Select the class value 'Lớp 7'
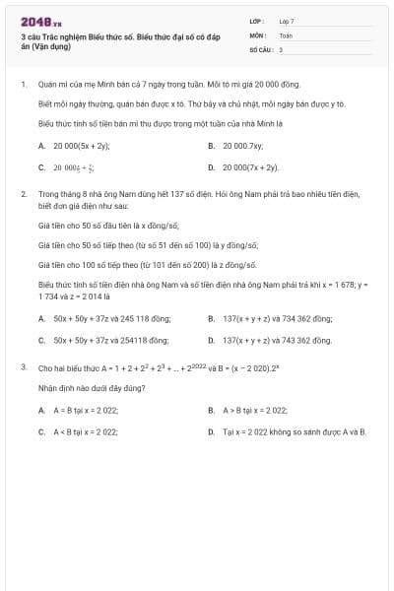pos(287,21)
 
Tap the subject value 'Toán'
pos(286,34)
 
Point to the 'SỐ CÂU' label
pos(259,48)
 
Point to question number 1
pos(23,85)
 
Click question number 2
pos(23,194)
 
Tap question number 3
pos(23,366)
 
